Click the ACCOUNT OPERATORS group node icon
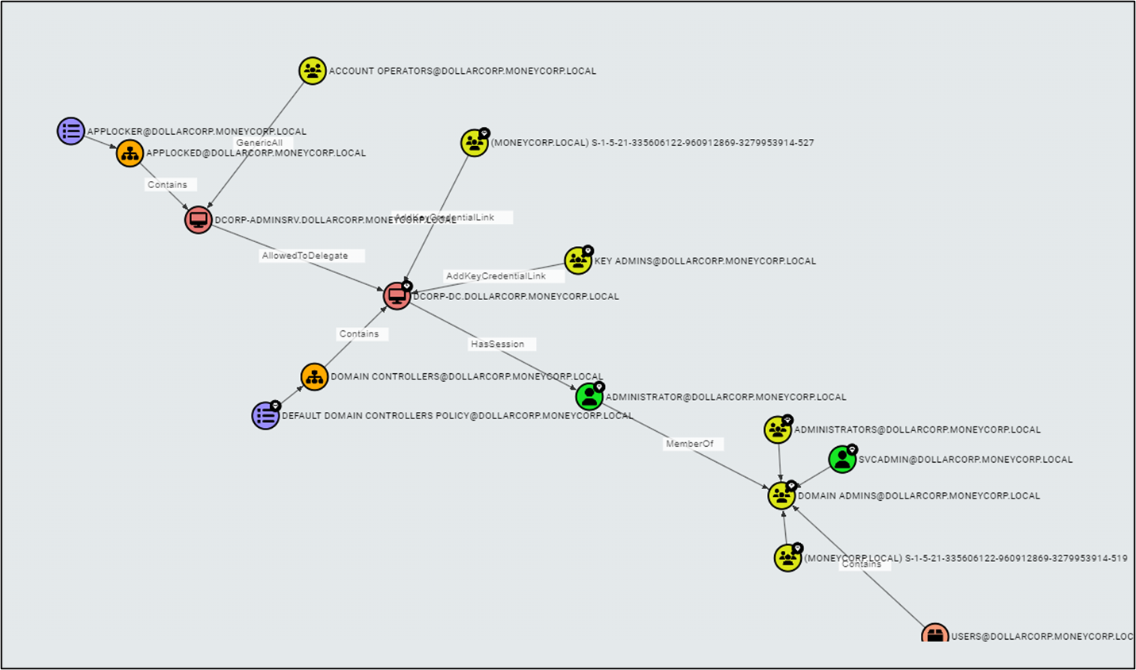(313, 71)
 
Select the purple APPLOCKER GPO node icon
(71, 131)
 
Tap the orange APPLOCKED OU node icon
(130, 153)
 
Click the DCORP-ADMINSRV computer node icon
(198, 220)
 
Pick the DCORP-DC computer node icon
(397, 296)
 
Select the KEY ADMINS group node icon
(578, 260)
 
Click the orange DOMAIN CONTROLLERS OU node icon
(314, 376)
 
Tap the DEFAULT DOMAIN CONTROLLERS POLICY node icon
(265, 415)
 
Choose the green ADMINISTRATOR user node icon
(589, 396)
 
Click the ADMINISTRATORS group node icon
(778, 429)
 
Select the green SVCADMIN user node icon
(842, 459)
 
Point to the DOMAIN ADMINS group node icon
(782, 495)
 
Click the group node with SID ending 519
(787, 558)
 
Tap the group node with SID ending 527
(475, 143)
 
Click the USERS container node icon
(935, 633)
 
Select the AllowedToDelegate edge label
(306, 256)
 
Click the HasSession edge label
(498, 344)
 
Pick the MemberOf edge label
(690, 444)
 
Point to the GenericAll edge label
(260, 143)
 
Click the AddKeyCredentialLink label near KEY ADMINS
(496, 276)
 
